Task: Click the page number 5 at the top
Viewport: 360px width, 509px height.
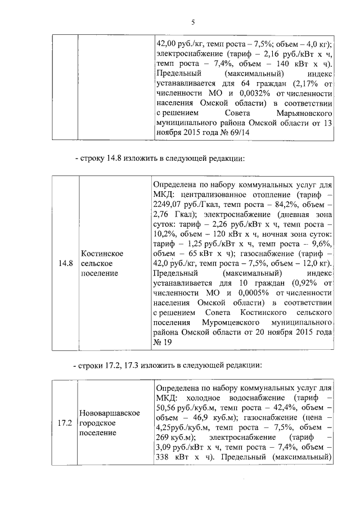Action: tap(192, 22)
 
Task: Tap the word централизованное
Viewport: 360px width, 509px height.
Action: tap(206, 194)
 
